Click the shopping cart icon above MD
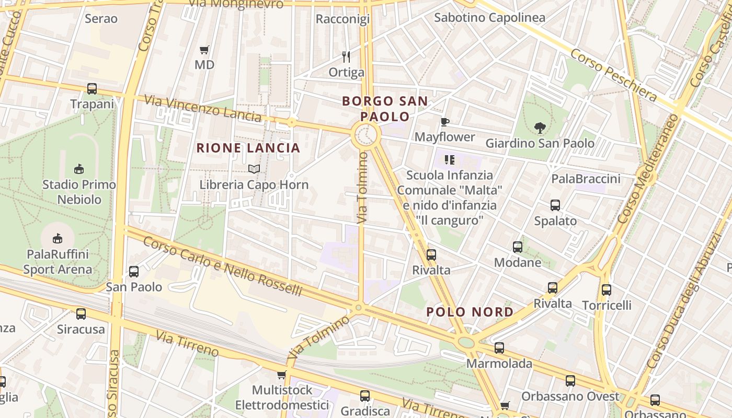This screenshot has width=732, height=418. tap(204, 50)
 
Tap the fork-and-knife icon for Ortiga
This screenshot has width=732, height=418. tap(346, 56)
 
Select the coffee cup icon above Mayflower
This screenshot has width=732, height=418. tap(444, 122)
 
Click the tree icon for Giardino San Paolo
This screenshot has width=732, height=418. tap(540, 127)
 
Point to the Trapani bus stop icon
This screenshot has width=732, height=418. tap(92, 89)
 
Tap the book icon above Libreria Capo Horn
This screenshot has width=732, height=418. tap(254, 169)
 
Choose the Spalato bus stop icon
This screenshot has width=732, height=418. tap(555, 205)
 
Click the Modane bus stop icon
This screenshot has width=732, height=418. tap(518, 247)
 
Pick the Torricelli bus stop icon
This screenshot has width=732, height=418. tap(607, 289)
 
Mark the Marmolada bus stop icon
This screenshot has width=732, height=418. tap(499, 348)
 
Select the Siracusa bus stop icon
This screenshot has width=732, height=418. tap(81, 314)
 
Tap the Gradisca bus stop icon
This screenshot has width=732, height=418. tap(365, 396)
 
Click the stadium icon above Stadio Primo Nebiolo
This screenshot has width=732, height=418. tap(79, 169)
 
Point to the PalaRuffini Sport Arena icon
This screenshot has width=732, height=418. tap(57, 239)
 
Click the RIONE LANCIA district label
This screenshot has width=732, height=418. tap(248, 148)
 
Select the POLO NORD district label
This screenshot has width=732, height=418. tap(470, 312)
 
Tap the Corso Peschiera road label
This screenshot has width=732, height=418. tap(613, 75)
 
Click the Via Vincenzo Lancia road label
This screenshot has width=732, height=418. tap(202, 108)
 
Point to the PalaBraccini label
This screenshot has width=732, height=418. tap(586, 179)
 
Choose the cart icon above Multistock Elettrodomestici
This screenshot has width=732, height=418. tap(281, 375)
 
